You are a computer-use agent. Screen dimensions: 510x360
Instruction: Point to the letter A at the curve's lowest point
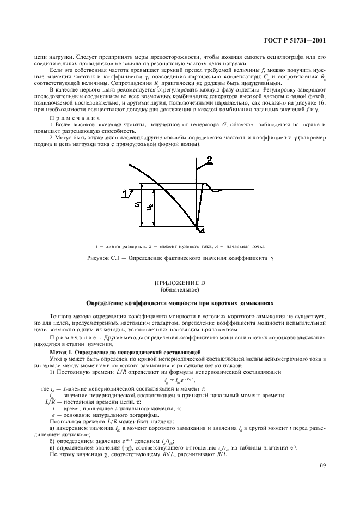tap(202, 230)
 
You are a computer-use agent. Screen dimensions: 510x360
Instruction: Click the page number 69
tap(323, 465)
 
